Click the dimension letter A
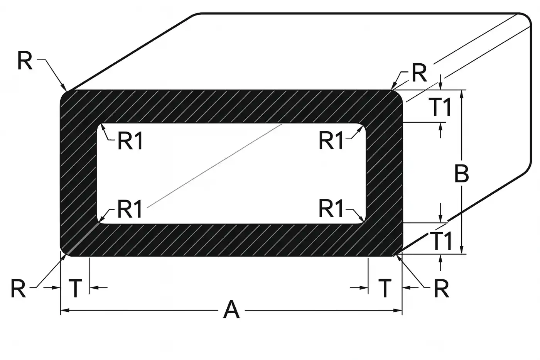[x=231, y=310]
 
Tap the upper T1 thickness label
[x=440, y=107]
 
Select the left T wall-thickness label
[x=76, y=288]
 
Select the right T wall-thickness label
[x=385, y=288]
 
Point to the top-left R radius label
[x=25, y=61]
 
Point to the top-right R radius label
[x=419, y=73]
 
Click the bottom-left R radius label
[x=18, y=288]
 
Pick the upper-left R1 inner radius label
[x=130, y=141]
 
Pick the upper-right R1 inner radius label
[x=331, y=140]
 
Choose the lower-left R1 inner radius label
[x=130, y=209]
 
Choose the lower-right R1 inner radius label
[x=331, y=209]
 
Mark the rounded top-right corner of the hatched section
[x=398, y=95]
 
